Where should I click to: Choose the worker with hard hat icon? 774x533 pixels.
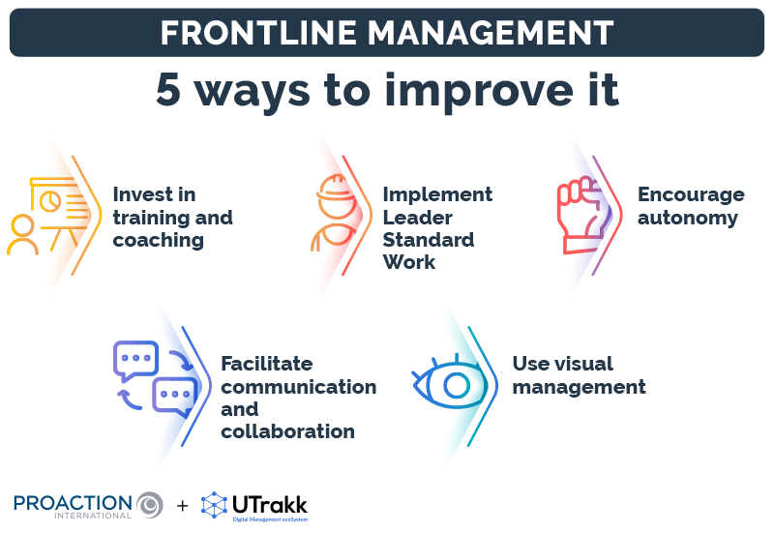[331, 214]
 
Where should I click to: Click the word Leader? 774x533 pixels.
[415, 217]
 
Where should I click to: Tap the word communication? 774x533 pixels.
[298, 386]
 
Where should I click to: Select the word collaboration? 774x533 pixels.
[287, 430]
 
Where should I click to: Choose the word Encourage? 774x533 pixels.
[691, 194]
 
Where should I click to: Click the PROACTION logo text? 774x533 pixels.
[73, 502]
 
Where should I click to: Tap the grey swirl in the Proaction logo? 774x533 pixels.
[150, 504]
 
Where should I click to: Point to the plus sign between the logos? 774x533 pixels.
[183, 505]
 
